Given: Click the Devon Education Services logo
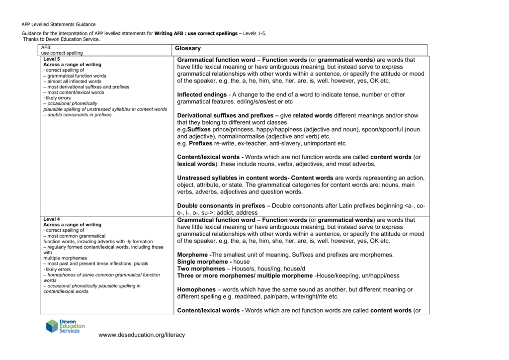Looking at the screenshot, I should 65,326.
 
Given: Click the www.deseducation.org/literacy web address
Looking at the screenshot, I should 142,335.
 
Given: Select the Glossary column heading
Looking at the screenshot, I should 188,48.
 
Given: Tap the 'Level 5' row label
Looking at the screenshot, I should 52,59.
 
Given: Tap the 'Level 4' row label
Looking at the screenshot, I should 52,219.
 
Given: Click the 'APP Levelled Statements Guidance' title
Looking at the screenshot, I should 59,24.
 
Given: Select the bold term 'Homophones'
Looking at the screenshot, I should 196,289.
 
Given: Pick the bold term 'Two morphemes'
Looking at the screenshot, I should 201,269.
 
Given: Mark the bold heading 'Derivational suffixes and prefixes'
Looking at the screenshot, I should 225,115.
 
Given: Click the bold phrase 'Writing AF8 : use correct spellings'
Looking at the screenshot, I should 196,33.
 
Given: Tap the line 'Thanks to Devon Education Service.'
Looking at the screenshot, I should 62,39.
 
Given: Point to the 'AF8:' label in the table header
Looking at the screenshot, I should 46,47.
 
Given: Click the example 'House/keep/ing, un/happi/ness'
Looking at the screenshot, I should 357,275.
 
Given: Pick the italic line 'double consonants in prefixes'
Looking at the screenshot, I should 79,115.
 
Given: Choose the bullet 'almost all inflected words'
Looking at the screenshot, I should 74,82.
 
